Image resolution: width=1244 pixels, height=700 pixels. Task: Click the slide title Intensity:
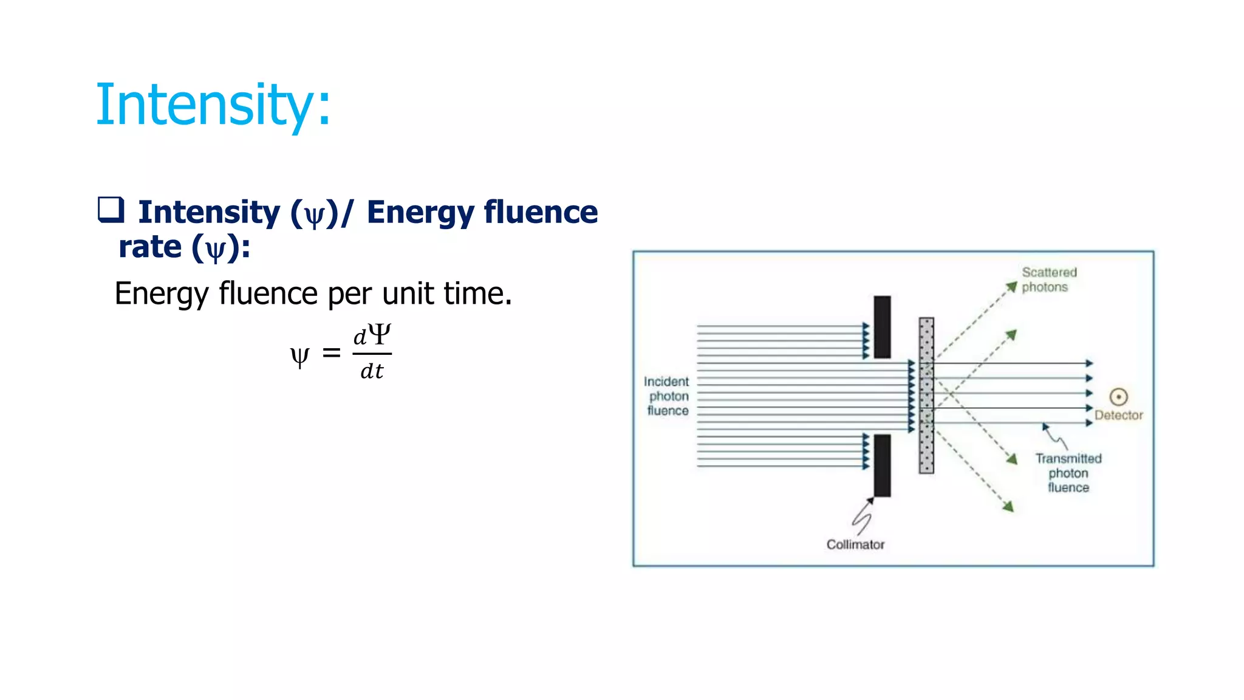coord(213,105)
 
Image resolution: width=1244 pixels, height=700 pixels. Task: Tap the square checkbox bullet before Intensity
coord(111,210)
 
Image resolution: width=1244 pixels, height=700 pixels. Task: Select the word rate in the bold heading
coord(150,247)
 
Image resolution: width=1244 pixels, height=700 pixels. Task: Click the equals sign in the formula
coord(331,352)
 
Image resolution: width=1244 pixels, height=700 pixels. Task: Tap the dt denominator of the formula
coord(372,371)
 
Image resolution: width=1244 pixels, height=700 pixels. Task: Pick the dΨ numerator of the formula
coord(372,335)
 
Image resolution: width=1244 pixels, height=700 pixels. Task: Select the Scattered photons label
coord(1048,280)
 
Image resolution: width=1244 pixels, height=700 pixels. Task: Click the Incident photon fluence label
coord(667,396)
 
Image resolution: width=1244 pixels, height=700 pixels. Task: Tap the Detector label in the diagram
coord(1118,416)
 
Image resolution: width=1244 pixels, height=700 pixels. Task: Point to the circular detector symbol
coord(1118,397)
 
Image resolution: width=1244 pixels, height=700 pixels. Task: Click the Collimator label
coord(855,544)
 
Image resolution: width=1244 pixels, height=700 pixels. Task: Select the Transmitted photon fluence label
coord(1068,473)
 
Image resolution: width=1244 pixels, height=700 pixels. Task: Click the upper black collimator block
coord(882,327)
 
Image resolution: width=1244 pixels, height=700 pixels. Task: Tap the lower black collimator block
coord(882,465)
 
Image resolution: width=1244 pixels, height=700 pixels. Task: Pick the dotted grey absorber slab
coord(926,395)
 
